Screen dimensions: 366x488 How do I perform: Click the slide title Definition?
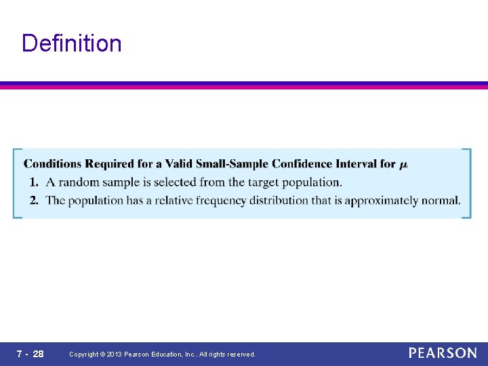click(72, 43)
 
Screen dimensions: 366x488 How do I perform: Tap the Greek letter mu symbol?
click(404, 165)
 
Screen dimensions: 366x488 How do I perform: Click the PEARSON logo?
click(443, 353)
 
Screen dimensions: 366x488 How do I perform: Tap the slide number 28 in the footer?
click(38, 354)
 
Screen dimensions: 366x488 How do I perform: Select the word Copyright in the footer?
click(84, 354)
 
